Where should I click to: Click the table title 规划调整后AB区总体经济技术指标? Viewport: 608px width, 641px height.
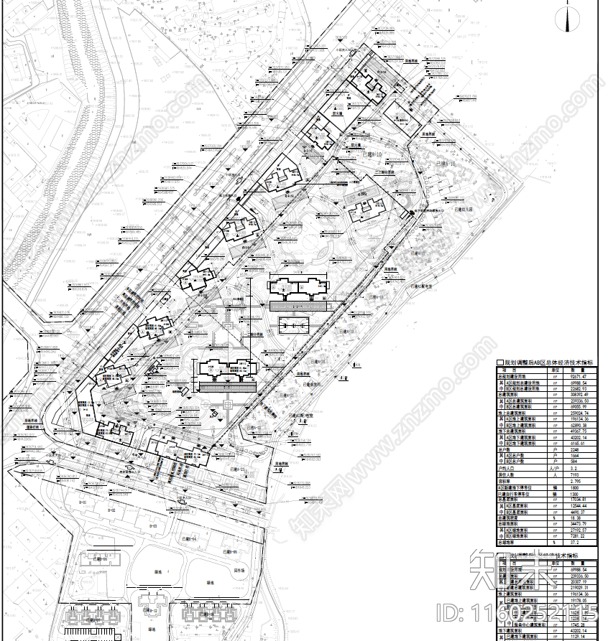pos(550,363)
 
